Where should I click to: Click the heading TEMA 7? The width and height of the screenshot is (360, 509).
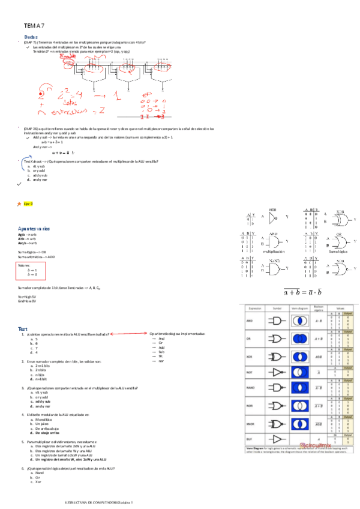[34, 26]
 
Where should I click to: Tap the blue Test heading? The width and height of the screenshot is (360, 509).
[23, 330]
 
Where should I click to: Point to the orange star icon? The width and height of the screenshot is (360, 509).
[19, 204]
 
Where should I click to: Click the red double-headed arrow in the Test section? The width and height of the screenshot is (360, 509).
[128, 334]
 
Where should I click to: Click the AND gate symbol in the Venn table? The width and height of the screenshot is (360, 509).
[277, 321]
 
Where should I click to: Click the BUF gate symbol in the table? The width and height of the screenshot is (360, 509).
[277, 439]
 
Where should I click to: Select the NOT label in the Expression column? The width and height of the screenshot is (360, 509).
[250, 372]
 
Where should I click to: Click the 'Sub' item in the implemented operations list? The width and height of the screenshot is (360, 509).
[161, 352]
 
